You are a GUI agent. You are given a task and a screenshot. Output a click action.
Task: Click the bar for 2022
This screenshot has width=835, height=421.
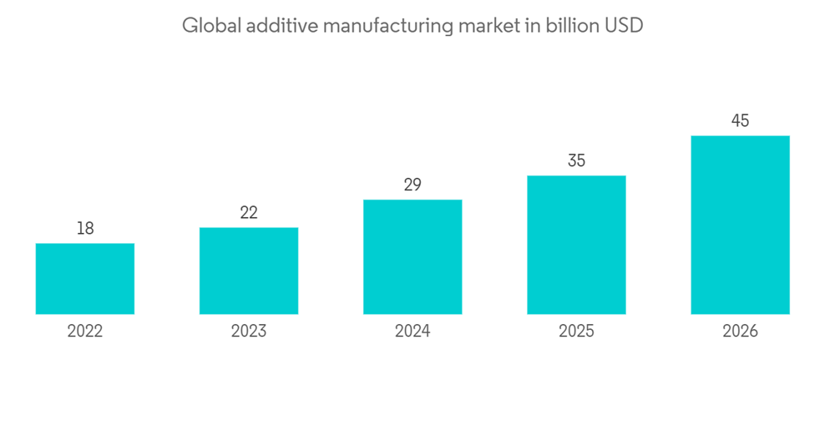pos(85,279)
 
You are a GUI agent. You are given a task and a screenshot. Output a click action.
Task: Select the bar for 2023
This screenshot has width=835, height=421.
pos(249,271)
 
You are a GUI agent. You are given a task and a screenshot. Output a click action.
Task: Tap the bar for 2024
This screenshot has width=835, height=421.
pos(412,256)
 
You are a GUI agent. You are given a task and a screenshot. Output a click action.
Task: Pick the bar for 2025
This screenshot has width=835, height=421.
pos(576,245)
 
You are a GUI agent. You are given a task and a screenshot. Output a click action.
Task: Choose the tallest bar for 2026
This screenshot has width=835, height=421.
pos(740,225)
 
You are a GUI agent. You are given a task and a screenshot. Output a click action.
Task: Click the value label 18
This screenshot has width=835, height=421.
pos(85,228)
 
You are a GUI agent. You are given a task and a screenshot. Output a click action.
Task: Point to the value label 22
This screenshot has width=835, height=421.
pos(249,212)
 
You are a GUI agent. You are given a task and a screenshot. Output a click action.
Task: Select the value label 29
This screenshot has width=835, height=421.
pos(412,185)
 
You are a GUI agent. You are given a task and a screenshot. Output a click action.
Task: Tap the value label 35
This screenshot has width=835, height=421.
pos(576,160)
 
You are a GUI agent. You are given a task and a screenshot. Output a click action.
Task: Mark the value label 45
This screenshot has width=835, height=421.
pos(740,120)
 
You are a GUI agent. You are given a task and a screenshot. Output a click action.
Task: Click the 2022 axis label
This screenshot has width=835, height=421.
pos(85,332)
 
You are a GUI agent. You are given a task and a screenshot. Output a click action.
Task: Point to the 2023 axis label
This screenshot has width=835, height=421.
pos(249,332)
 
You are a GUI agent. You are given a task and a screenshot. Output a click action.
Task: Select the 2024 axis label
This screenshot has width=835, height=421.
pos(412,332)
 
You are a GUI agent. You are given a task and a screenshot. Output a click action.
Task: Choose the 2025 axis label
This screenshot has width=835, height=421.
pos(576,332)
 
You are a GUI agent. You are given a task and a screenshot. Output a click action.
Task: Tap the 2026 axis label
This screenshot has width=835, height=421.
pos(740,332)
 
